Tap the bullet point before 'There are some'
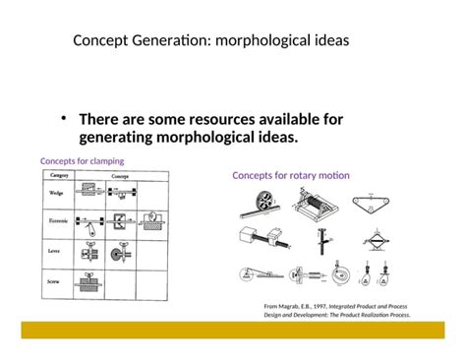(x=63, y=118)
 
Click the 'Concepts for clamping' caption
(x=82, y=160)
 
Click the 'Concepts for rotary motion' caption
(x=291, y=175)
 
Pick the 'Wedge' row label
(x=57, y=194)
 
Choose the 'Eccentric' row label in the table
(x=59, y=223)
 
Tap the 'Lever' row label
(x=56, y=253)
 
